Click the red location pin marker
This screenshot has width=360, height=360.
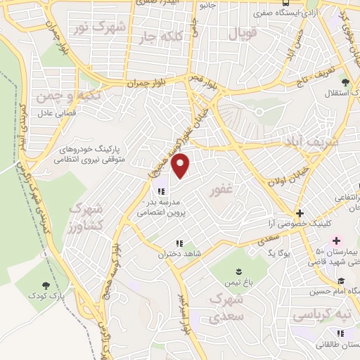pos(181,167)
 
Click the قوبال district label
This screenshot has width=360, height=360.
pos(243,32)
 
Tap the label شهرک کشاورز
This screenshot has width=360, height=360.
pos(86,219)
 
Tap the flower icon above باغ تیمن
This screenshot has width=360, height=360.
pos(238,271)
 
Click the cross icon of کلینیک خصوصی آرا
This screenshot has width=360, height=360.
pos(300,213)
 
